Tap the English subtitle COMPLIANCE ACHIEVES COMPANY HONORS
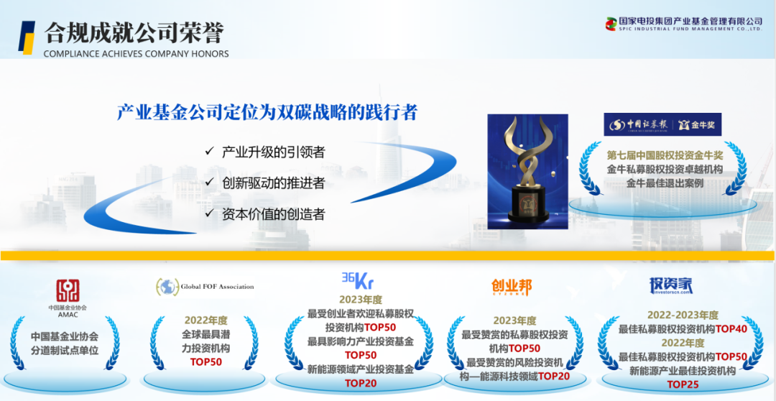136,54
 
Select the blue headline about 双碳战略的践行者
267,113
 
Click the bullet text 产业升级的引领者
273,152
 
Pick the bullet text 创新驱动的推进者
273,183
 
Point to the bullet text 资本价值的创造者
273,214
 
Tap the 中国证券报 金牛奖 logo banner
662,124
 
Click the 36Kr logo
357,279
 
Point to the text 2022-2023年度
682,315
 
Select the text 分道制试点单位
64,351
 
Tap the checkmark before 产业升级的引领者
208,152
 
